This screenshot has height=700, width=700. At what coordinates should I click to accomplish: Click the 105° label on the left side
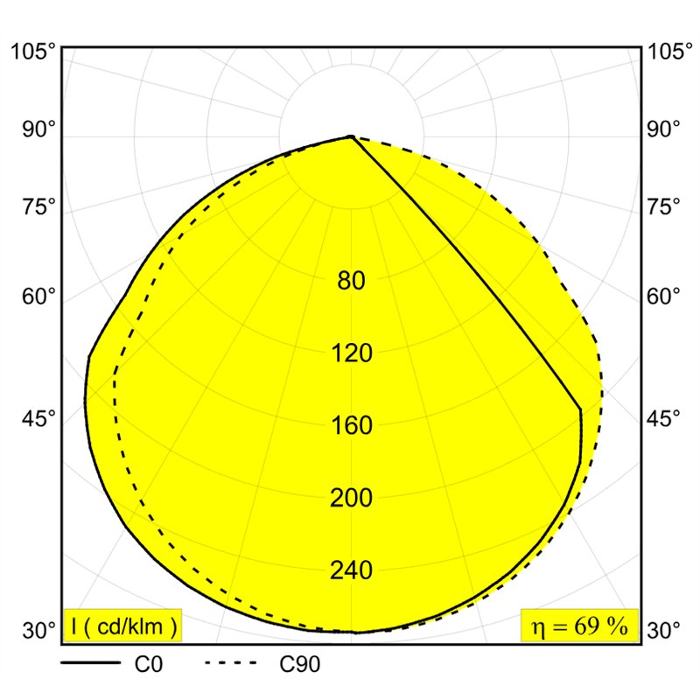point(34,52)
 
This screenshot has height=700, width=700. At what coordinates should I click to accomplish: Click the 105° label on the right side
point(670,52)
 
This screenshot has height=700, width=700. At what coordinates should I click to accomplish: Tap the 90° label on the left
point(39,129)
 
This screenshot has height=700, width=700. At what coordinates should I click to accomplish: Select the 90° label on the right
point(664,129)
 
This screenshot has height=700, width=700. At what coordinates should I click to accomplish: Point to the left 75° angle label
point(39,207)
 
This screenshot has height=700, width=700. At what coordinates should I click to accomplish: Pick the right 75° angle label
point(664,207)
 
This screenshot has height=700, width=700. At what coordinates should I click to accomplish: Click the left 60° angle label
point(39,296)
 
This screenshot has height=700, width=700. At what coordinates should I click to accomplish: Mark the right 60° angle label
point(664,296)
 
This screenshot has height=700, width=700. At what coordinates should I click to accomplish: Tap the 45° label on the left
point(39,419)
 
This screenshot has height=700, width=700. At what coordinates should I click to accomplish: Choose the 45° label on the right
point(664,419)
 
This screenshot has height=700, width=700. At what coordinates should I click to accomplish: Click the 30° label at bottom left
point(39,630)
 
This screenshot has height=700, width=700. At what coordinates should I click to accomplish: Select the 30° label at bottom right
point(664,630)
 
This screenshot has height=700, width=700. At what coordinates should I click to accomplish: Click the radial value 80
point(351,281)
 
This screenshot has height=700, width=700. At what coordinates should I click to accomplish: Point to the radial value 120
point(352,353)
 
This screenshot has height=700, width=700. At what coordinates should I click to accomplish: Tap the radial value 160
point(352,425)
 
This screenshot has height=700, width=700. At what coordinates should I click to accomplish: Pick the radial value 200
point(351,498)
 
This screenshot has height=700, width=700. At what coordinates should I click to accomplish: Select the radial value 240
point(351,570)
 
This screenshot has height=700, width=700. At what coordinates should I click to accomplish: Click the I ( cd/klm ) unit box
point(123,626)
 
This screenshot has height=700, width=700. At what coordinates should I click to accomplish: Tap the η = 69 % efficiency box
point(579,626)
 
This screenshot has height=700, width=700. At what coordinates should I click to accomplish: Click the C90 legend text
point(299,665)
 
